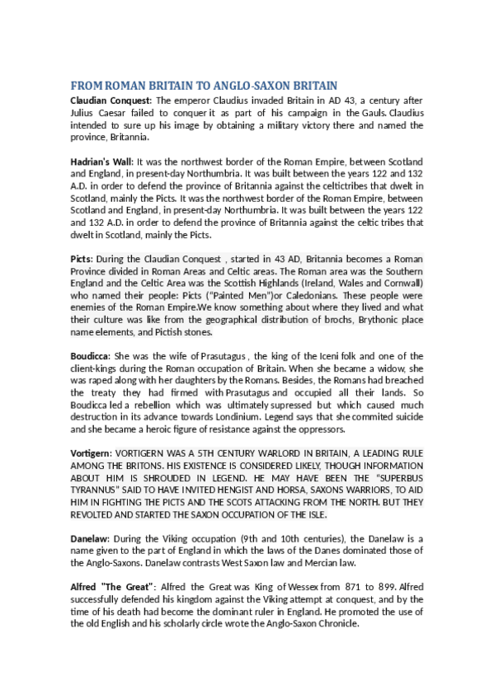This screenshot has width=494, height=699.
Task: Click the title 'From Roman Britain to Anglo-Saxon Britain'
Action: [205, 86]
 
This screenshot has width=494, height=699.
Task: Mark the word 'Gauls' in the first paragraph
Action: [371, 113]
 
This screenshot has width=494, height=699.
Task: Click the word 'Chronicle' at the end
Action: [336, 624]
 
